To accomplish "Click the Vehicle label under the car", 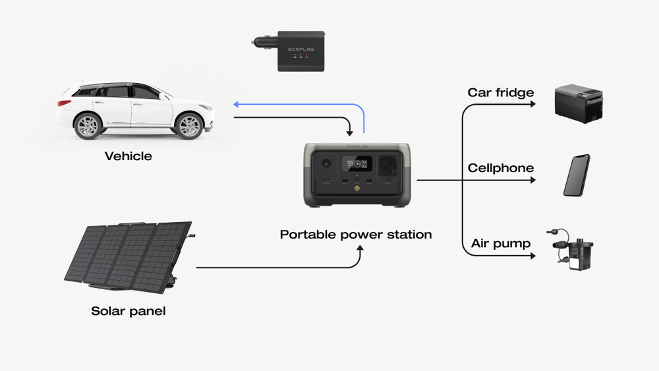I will coord(129,156).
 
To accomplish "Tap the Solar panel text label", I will coord(129,311).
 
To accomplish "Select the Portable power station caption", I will coord(356,234).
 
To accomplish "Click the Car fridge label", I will coord(501,92).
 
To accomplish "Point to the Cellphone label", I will coord(501,168).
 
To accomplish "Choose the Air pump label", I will coord(501,244).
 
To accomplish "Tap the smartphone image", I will coord(577,175).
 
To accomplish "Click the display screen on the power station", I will coord(358,163).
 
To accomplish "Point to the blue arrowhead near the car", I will coord(237,104).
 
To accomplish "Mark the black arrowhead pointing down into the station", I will coord(349,136).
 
